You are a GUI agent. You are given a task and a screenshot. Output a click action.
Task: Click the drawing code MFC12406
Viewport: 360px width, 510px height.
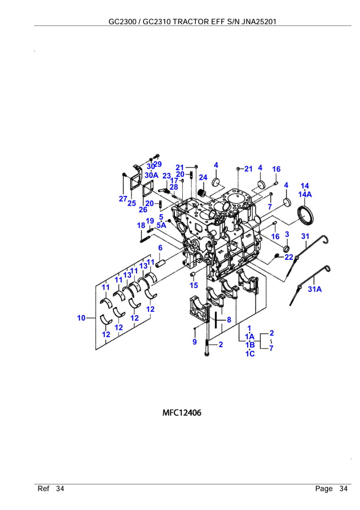coord(182,413)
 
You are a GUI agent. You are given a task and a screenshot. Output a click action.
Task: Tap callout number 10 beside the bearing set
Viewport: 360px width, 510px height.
coord(82,319)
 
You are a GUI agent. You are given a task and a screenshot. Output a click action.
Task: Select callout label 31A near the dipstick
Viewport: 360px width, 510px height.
coord(315,290)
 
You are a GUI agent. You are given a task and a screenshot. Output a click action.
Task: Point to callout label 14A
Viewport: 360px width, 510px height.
coord(305,194)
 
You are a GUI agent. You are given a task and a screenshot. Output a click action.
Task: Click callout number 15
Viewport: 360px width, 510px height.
coord(194,286)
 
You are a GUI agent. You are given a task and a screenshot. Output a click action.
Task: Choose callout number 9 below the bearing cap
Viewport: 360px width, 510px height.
coord(194,342)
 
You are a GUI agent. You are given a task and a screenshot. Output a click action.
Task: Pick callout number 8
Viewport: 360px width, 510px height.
coord(229,320)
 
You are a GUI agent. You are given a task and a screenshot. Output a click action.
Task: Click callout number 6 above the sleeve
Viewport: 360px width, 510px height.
coord(160,248)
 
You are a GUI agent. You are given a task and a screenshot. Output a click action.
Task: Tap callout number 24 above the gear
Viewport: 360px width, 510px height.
coord(203,178)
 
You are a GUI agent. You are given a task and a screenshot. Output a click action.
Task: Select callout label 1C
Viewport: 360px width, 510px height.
coord(250,354)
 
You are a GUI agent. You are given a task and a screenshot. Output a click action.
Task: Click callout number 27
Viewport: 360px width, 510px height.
coord(122,198)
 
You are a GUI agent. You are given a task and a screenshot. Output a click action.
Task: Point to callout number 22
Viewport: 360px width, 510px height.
coord(289,257)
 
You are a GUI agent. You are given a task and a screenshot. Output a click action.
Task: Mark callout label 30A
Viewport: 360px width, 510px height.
coord(151,175)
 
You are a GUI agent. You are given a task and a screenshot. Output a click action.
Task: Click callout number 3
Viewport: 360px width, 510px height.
coord(287,234)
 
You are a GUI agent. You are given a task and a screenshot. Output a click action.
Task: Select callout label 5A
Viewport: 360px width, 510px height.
coord(161,225)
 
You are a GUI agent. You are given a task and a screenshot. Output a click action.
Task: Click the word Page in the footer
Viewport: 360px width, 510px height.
coord(323,489)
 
